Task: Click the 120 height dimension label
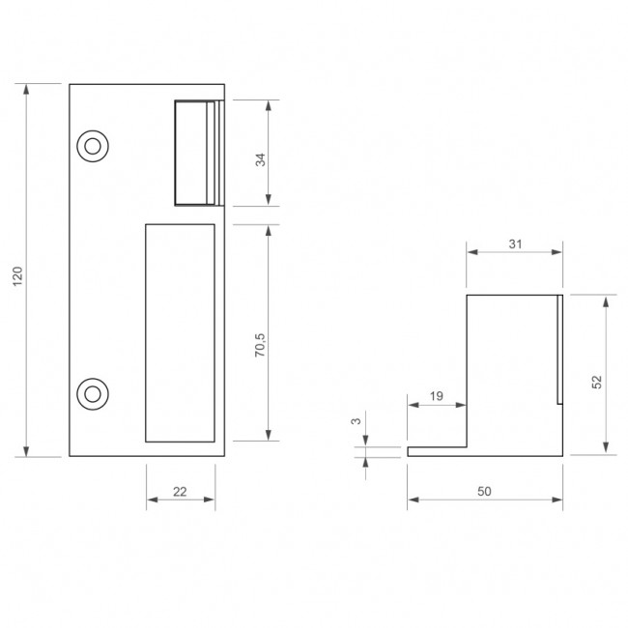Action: pos(17,276)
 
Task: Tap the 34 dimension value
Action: pos(260,159)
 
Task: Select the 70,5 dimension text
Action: pos(260,345)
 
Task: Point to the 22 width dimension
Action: pos(180,492)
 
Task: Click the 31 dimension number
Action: pos(515,243)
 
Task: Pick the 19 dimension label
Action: pos(437,396)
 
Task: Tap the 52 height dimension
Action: pos(597,382)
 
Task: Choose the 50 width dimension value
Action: pos(484,491)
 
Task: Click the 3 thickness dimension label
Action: pos(356,421)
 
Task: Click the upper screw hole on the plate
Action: pos(93,146)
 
